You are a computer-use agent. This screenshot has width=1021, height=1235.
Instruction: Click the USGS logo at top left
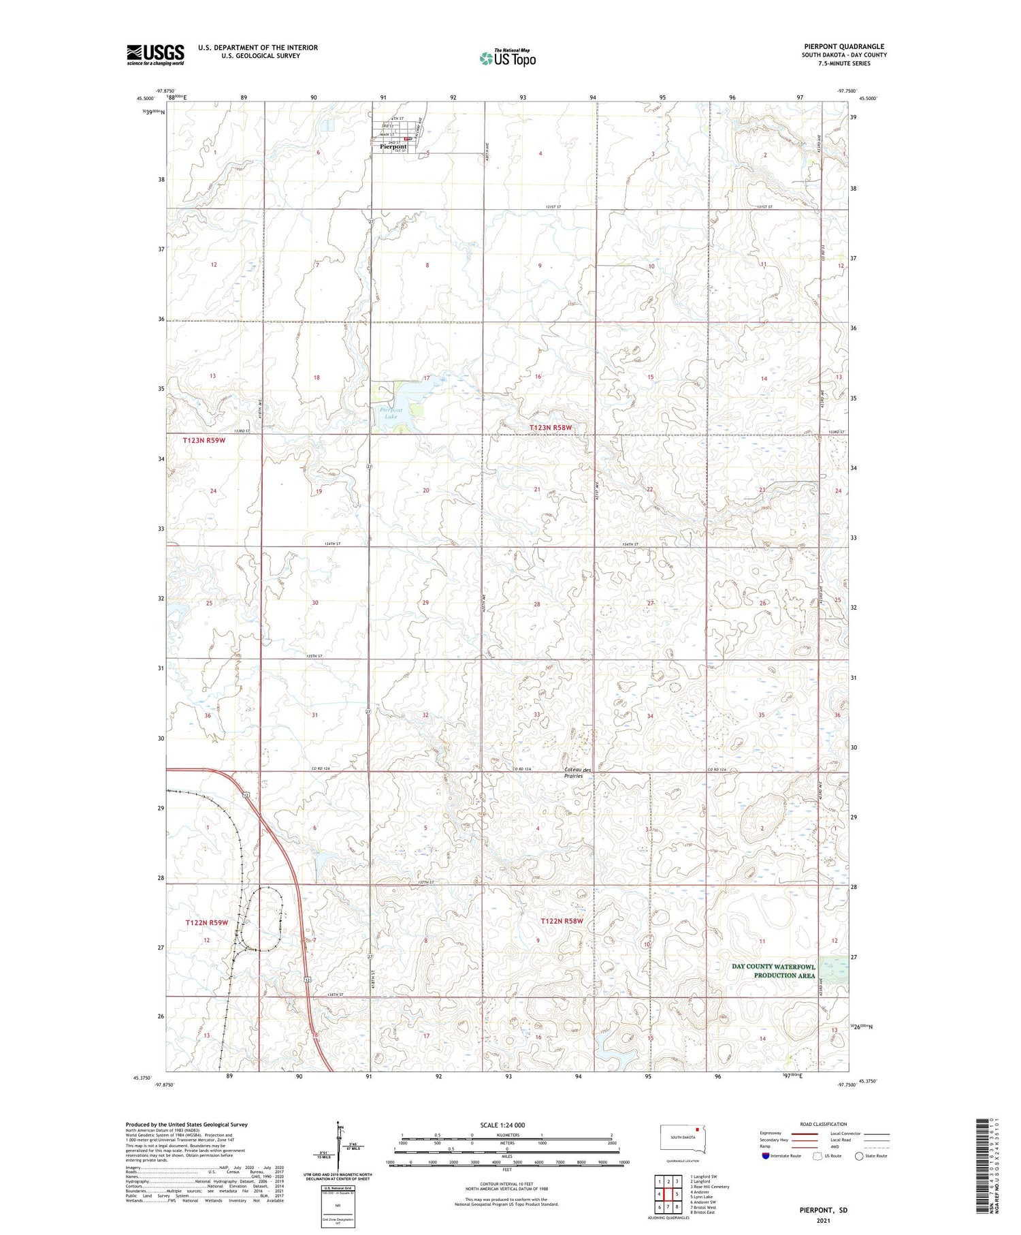point(155,54)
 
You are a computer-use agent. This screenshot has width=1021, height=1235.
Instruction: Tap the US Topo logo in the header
point(507,58)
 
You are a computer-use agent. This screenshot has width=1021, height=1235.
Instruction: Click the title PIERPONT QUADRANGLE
point(844,46)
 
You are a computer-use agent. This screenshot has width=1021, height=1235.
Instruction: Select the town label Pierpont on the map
point(393,146)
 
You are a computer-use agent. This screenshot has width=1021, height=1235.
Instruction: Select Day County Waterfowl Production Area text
point(773,971)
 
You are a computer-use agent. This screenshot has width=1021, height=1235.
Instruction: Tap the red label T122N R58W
point(562,921)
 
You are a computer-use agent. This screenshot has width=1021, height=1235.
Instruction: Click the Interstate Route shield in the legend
point(765,1155)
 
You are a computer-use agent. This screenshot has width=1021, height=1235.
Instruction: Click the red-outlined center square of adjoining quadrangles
point(668,1194)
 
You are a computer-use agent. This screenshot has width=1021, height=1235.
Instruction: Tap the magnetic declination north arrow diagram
point(337,1144)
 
